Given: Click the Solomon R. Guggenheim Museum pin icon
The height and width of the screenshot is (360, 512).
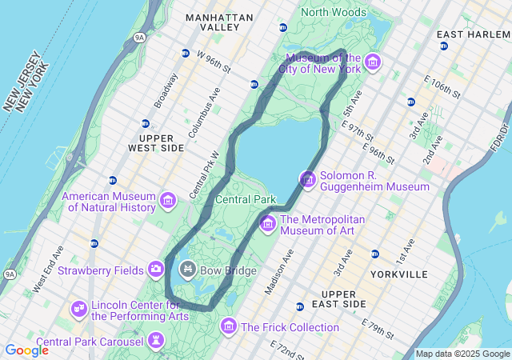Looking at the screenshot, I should (x=307, y=179).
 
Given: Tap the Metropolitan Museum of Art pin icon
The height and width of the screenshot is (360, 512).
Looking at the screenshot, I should (x=267, y=223).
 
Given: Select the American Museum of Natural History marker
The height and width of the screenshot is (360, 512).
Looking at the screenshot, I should (x=168, y=200).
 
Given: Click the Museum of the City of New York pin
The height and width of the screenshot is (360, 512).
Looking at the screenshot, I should (x=372, y=62).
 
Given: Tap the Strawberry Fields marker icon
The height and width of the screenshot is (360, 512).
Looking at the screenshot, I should (x=156, y=270).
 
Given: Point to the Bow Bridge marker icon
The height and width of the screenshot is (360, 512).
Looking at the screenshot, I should (x=188, y=270).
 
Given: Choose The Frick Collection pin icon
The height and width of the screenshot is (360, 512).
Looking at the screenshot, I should (x=229, y=326).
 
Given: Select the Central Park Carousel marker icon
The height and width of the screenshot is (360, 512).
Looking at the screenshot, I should (x=156, y=342).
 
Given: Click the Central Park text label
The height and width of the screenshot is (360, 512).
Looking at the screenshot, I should (x=246, y=199).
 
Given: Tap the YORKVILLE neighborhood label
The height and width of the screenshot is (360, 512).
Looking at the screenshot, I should (x=399, y=274).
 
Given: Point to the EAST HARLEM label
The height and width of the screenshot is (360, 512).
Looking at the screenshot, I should (x=471, y=35).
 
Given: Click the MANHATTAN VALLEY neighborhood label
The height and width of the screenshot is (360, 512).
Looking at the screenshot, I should (x=218, y=22).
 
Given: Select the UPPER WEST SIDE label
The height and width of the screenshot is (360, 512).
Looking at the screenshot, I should (x=156, y=143).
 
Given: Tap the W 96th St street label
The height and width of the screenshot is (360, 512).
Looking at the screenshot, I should (x=213, y=62).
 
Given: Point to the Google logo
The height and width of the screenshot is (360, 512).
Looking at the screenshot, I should (x=26, y=350).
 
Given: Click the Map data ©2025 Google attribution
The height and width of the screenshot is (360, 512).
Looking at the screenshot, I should (x=462, y=354).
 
